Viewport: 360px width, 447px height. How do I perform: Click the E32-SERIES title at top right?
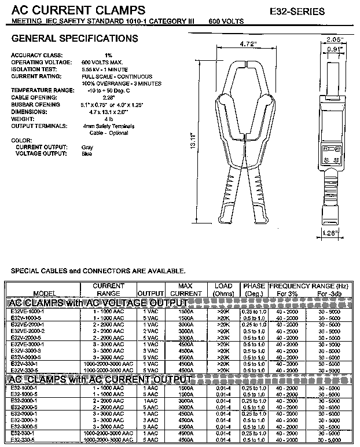pyautogui.click(x=297, y=11)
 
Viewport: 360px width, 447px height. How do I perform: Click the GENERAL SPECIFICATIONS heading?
pyautogui.click(x=75, y=39)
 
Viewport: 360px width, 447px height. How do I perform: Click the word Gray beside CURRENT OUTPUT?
pyautogui.click(x=87, y=147)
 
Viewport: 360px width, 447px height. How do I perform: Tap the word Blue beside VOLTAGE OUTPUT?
pyautogui.click(x=87, y=154)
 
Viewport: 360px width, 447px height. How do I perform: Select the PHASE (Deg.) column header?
pyautogui.click(x=254, y=290)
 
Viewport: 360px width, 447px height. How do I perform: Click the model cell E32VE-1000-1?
pyautogui.click(x=27, y=311)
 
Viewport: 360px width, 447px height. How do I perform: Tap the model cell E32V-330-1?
pyautogui.click(x=25, y=363)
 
